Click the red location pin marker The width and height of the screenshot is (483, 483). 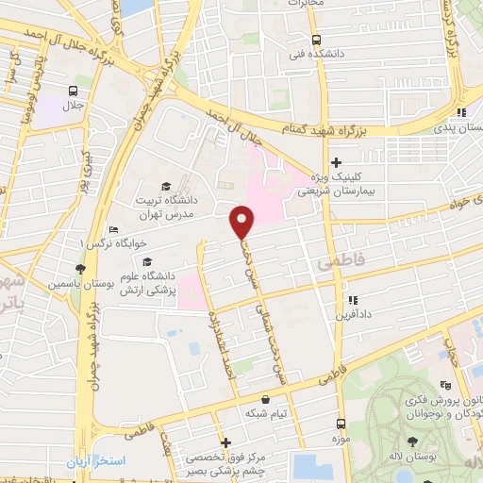(x=242, y=223)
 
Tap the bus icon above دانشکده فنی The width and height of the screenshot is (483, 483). (x=315, y=40)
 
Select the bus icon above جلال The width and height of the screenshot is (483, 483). (x=73, y=92)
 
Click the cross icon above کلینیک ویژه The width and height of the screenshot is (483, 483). (x=336, y=162)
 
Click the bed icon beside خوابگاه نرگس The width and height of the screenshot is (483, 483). (x=113, y=229)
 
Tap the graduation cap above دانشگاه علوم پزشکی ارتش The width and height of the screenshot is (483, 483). (x=146, y=261)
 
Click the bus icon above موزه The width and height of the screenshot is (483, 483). (x=341, y=425)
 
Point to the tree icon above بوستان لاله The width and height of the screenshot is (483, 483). (x=413, y=441)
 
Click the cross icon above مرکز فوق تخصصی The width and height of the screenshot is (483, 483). (x=225, y=441)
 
